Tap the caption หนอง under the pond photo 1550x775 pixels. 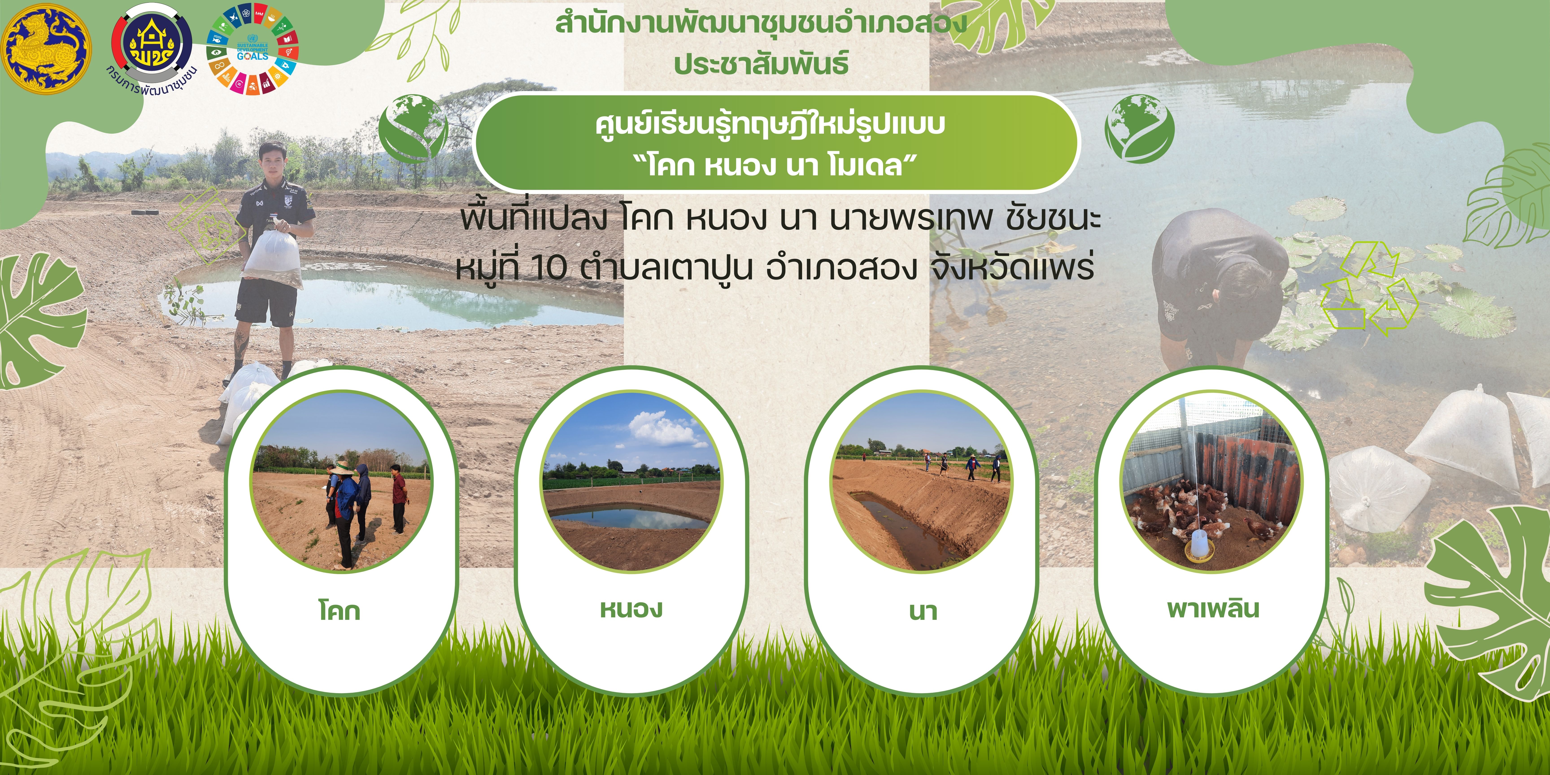point(631,609)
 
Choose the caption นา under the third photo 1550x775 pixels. point(922,611)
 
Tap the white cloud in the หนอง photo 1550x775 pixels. point(665,428)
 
